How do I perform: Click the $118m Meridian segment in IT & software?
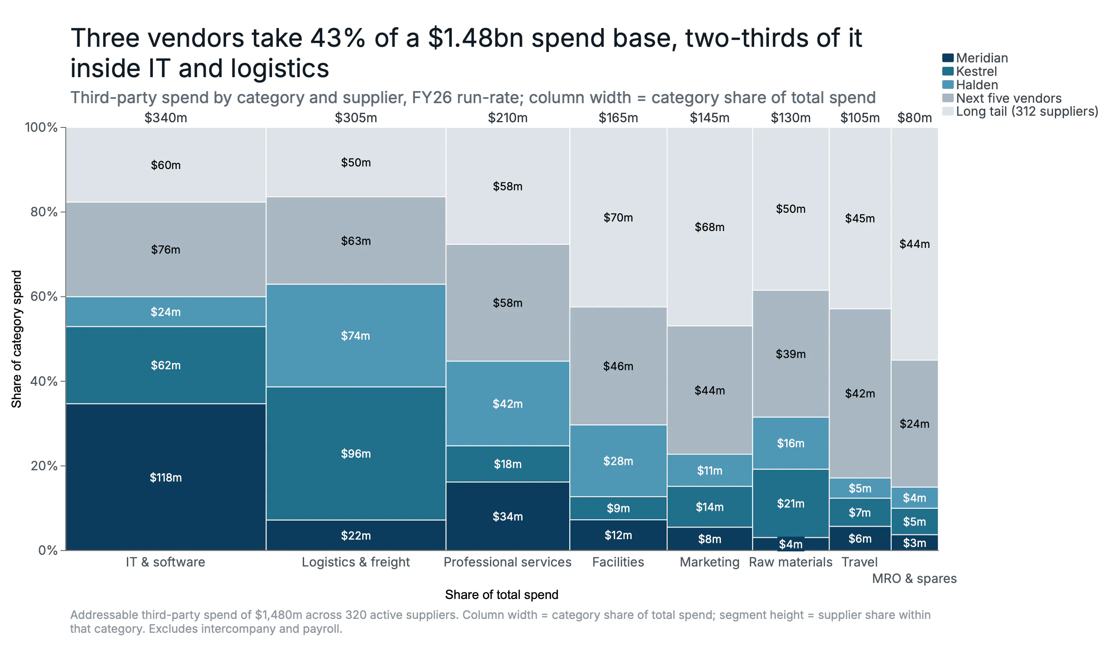pyautogui.click(x=165, y=477)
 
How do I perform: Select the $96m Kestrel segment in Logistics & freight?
pyautogui.click(x=356, y=453)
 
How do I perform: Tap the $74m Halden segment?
pyautogui.click(x=356, y=335)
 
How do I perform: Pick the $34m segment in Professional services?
pyautogui.click(x=508, y=516)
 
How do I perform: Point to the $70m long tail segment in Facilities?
pyautogui.click(x=619, y=218)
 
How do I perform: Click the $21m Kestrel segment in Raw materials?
pyautogui.click(x=791, y=503)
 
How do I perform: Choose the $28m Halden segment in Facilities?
pyautogui.click(x=619, y=461)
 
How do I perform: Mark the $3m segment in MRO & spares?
pyautogui.click(x=914, y=543)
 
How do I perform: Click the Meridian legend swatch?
pyautogui.click(x=948, y=58)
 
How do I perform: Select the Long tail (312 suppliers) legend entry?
pyautogui.click(x=1021, y=111)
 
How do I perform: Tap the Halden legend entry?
pyautogui.click(x=970, y=85)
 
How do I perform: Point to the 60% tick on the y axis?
pyautogui.click(x=63, y=296)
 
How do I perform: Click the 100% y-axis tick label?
pyautogui.click(x=41, y=127)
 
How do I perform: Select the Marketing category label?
pyautogui.click(x=710, y=562)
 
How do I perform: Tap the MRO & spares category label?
pyautogui.click(x=914, y=579)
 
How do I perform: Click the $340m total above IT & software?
pyautogui.click(x=165, y=118)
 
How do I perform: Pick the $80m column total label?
pyautogui.click(x=914, y=118)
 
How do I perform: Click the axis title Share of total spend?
pyautogui.click(x=502, y=595)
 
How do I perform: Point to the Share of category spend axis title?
pyautogui.click(x=16, y=339)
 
